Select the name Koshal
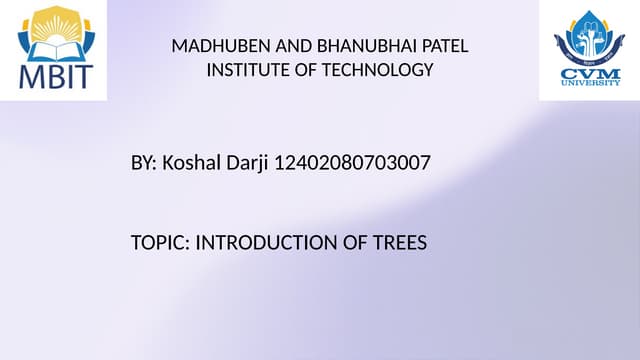coord(191,161)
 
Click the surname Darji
coord(246,161)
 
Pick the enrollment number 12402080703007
coord(352,161)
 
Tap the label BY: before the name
coord(144,161)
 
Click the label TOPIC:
coord(159,243)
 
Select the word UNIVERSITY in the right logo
coord(589,84)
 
